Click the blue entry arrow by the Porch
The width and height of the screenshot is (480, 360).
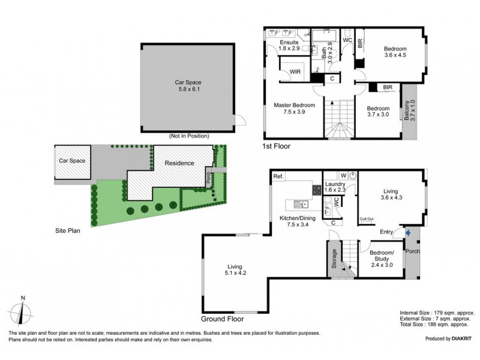coord(408,233)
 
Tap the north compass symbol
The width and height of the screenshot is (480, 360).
coord(21,313)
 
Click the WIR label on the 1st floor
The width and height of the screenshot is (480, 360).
coord(295,71)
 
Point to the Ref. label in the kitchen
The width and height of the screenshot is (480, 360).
coord(278,176)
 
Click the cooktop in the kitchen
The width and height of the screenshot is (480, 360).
coord(317,190)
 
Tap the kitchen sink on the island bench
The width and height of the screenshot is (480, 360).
coord(301,204)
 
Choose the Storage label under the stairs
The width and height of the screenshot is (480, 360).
coord(334,259)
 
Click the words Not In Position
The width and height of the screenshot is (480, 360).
coord(189,136)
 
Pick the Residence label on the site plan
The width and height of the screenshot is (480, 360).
coord(179,163)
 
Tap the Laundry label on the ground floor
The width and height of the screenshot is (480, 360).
coord(335,184)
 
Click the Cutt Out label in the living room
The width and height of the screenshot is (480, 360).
coord(367,219)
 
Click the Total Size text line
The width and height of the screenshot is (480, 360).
coord(434,325)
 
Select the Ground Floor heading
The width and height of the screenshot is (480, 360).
coord(222,319)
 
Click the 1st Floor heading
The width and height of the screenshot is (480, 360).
coord(276,146)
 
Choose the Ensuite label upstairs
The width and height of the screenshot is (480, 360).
coord(289,42)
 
